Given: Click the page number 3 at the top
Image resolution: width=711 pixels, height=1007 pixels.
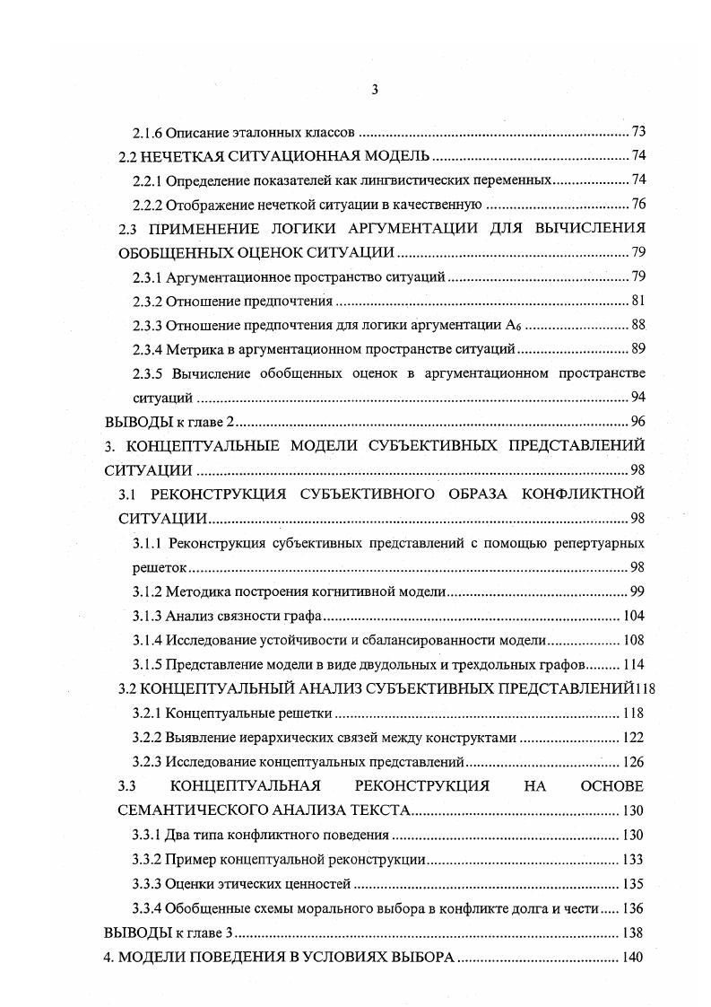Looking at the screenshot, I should (375, 89).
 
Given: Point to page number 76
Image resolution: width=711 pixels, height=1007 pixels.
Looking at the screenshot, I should (637, 204).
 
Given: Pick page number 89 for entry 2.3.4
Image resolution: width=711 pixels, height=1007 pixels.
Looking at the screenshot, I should (637, 349).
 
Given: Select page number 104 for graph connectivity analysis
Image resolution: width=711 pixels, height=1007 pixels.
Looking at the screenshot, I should (633, 616).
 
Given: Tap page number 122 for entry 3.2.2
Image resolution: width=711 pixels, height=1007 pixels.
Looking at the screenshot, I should (633, 737).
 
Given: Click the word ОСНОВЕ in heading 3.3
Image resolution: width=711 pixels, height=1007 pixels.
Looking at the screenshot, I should (611, 786).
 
